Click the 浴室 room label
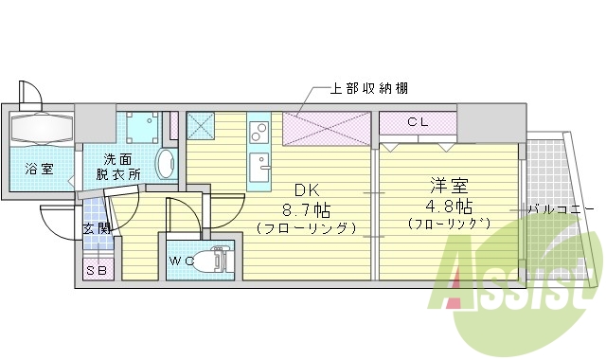pos(39,169)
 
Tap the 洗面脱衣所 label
pos(122,167)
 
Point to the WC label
pos(182,260)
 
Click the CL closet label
pos(418,122)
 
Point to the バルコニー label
pos(561,207)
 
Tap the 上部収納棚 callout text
pos(369,89)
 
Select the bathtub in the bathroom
pos(43,128)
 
